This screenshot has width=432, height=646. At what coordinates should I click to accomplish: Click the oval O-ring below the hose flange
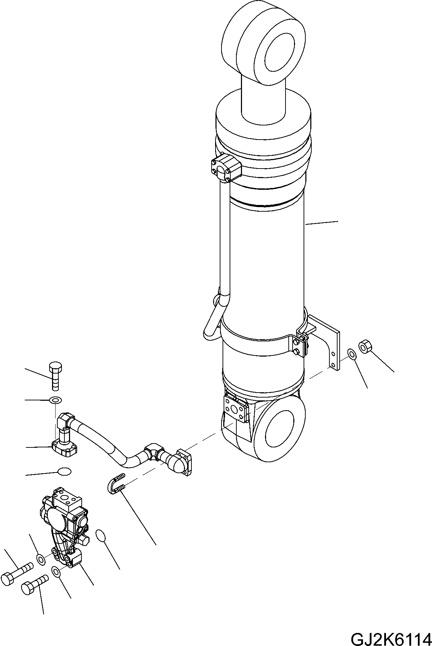(x=64, y=471)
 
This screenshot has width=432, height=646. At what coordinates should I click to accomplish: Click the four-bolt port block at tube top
(x=225, y=167)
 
